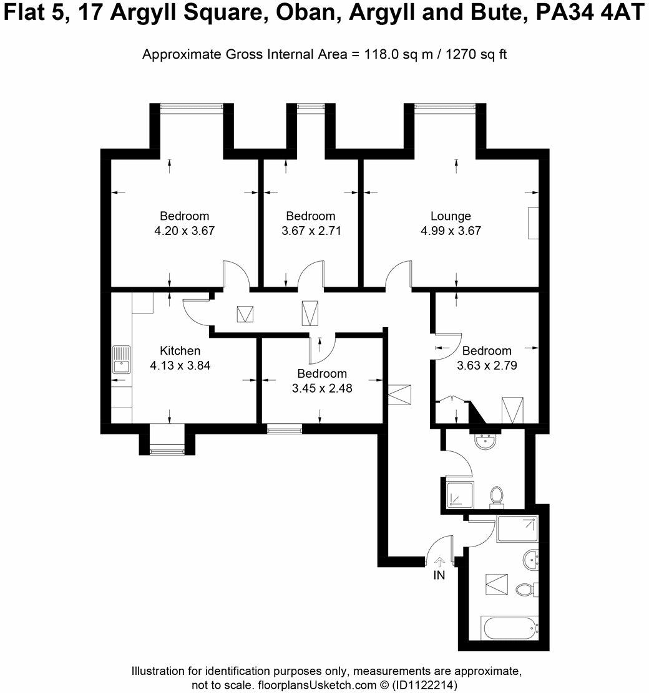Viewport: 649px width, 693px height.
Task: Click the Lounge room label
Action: click(451, 216)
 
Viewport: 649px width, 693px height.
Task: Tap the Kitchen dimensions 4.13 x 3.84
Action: click(180, 366)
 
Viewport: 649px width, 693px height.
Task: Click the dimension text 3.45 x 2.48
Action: click(322, 388)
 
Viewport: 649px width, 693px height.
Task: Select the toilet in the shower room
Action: click(497, 497)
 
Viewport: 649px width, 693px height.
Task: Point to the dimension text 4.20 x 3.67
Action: click(185, 231)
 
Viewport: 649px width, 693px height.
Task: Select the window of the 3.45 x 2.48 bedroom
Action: click(285, 429)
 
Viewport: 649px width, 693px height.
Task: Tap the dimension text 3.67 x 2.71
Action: click(311, 231)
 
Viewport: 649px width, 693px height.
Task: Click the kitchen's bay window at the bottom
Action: click(167, 450)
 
